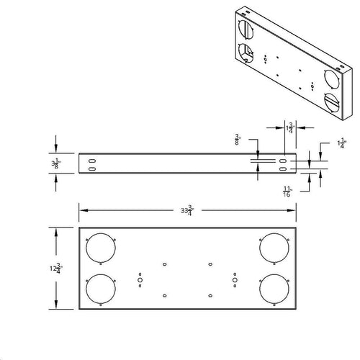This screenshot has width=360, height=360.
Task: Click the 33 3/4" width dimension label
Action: (188, 210)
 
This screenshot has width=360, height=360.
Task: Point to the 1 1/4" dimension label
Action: (341, 144)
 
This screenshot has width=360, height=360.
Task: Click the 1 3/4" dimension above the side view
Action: (289, 128)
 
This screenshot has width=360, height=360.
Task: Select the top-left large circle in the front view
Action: (99, 248)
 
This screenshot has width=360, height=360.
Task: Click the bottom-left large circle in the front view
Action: (99, 289)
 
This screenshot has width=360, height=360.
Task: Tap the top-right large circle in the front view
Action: (275, 248)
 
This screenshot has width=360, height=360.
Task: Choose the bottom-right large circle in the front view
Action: (275, 289)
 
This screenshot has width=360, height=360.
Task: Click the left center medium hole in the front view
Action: (140, 278)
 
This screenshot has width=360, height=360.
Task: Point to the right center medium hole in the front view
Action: (234, 278)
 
